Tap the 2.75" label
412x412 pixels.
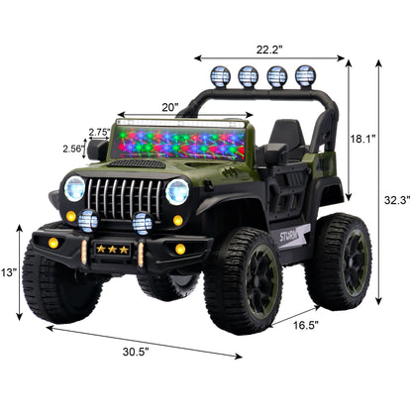pyautogui.click(x=98, y=131)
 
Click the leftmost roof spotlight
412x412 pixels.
pyautogui.click(x=220, y=75)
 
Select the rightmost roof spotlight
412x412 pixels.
pyautogui.click(x=305, y=75)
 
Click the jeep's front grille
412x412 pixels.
pyautogui.click(x=126, y=196)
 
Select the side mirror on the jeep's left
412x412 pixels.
pyautogui.click(x=97, y=151)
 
